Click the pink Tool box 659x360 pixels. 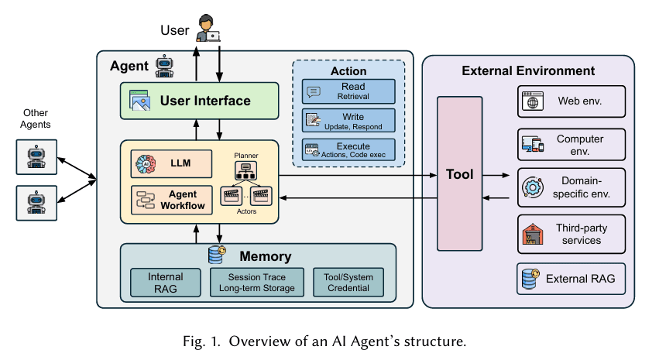coord(460,174)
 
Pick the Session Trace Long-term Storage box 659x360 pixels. coord(256,283)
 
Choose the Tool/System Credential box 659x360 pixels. coord(348,283)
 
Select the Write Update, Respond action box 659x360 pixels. coord(348,121)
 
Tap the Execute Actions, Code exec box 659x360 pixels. coord(348,150)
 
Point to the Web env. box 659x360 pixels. coord(571,101)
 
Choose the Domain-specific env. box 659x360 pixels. coord(571,188)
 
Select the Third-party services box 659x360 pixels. coord(571,234)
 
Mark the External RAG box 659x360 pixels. coord(571,279)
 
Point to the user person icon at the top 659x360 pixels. coord(207,28)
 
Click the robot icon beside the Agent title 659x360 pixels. coord(164,66)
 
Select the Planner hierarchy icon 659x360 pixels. coord(246,170)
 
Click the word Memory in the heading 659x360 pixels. coord(265,256)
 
